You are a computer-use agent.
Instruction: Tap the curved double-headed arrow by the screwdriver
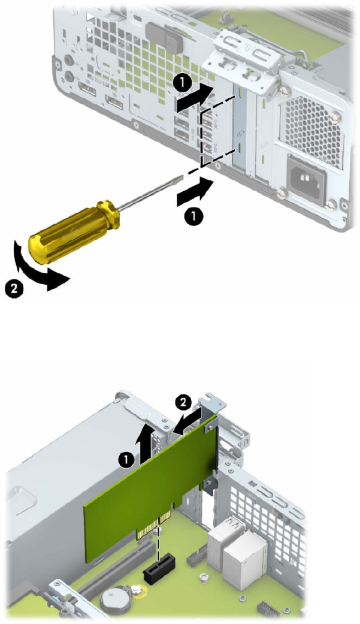point(38,267)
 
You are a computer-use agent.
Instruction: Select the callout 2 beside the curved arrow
point(14,288)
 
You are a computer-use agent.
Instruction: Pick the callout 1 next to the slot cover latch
point(181,84)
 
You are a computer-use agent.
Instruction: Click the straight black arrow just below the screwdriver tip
point(195,192)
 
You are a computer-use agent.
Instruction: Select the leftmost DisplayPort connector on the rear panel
point(87,89)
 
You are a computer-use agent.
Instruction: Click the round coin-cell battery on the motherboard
point(112,597)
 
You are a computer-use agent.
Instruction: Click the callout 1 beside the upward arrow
point(126,460)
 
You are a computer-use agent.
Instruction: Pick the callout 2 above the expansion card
point(183,402)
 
